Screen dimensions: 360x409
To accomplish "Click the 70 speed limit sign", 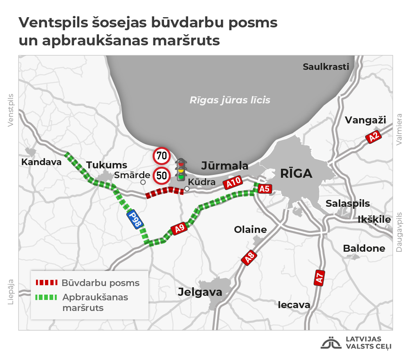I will tap(162, 155).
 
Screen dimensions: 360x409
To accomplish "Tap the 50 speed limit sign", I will tap(162, 176).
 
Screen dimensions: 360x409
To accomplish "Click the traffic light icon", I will tap(181, 170).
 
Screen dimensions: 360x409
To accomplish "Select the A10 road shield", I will tap(233, 183).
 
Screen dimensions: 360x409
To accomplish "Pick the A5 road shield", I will tap(265, 189).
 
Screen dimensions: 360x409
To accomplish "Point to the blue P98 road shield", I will tap(135, 219).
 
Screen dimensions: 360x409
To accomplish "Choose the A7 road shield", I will tap(319, 277).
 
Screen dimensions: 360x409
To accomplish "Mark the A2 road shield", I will tap(373, 137).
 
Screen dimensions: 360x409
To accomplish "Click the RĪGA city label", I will tap(296, 173).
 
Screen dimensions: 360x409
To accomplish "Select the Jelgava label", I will tap(200, 292).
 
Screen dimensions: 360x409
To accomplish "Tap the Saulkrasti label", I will tap(326, 67).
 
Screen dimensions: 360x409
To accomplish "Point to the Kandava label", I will tap(41, 162).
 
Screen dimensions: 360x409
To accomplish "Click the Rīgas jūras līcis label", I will tap(230, 100).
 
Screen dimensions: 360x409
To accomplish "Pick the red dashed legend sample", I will tap(47, 283).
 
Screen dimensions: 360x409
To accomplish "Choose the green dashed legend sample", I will tap(47, 297).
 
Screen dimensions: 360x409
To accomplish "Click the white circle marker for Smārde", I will tap(143, 182).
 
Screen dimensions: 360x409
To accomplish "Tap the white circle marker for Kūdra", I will tap(187, 189).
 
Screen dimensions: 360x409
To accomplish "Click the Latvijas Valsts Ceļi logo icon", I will tap(331, 343).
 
